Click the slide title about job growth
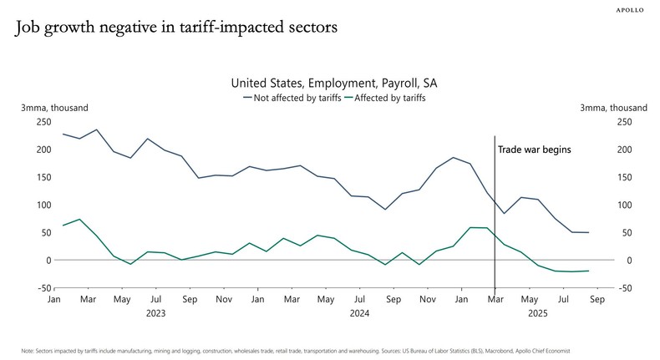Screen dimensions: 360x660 point(176,28)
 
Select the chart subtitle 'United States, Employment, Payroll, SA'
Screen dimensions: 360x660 point(333,84)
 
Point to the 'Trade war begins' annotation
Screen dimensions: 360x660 point(534,150)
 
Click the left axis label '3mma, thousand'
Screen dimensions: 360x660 point(54,108)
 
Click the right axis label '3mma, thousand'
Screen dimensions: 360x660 point(613,108)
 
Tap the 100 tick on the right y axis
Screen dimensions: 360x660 point(623,205)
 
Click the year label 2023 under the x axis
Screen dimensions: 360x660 point(155,313)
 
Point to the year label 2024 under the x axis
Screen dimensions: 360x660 point(359,313)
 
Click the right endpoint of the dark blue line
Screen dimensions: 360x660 point(588,232)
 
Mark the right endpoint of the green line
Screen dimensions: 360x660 point(588,271)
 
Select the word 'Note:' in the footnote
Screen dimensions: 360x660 point(28,351)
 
